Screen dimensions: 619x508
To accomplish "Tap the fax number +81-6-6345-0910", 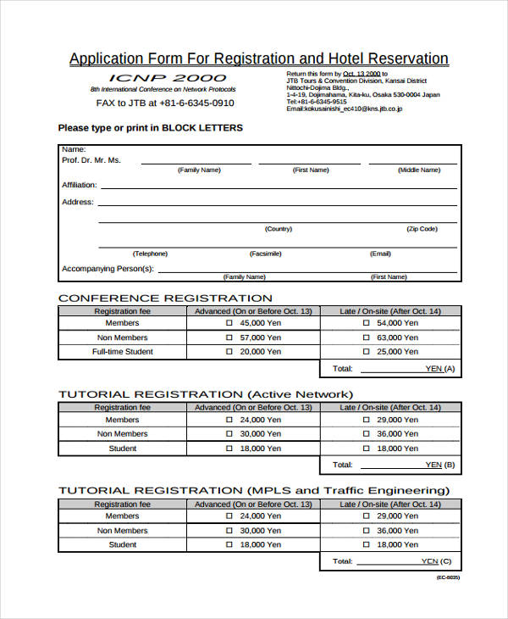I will (192, 103).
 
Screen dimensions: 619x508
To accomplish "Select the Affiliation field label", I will (79, 185).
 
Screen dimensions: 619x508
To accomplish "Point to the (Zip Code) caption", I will (422, 229).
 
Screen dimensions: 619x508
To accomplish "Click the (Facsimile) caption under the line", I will (266, 254).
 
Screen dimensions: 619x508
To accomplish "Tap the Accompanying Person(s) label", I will (108, 269).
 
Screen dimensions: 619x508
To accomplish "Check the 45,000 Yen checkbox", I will (229, 323).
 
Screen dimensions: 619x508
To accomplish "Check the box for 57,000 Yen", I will (229, 337).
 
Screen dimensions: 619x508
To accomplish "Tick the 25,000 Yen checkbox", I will (366, 352).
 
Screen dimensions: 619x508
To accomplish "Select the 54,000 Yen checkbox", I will (366, 323).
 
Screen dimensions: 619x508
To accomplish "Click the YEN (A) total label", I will (439, 369).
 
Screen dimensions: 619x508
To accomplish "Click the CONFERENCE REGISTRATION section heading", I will (165, 298).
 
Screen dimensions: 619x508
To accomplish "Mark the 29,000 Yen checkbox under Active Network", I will (366, 420).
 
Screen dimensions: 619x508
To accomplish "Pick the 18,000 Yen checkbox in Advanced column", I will (229, 449).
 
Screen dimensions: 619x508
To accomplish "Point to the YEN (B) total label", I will (439, 465).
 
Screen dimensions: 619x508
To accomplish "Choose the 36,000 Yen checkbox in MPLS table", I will (366, 531).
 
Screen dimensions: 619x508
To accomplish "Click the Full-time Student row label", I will (122, 352).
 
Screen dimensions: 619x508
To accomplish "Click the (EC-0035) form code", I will (448, 577).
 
